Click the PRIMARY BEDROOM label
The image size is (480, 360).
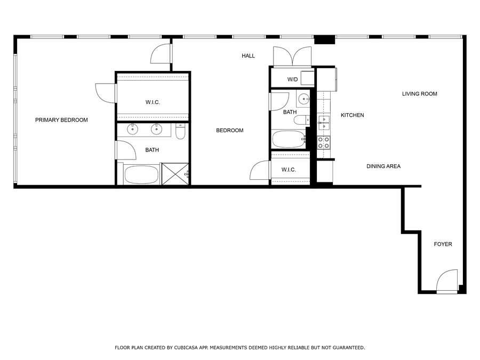coord(61,120)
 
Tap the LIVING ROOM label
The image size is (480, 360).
coord(419,94)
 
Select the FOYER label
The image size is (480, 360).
coord(443,244)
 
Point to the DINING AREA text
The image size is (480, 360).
coord(383,166)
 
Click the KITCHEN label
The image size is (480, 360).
coord(352,115)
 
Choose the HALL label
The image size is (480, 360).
coord(248,56)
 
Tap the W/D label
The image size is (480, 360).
coord(292,79)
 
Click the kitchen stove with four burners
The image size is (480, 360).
coord(324,142)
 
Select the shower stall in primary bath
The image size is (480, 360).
coord(175,174)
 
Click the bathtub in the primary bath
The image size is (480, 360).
coord(141,175)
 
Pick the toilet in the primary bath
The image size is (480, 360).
coord(180,131)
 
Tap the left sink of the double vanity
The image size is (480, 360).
coord(132,129)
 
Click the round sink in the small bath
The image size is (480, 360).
coord(303,98)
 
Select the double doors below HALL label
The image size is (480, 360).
coord(292,57)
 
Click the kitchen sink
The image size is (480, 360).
coord(324,123)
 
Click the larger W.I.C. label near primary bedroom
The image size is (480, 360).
coord(153,102)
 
